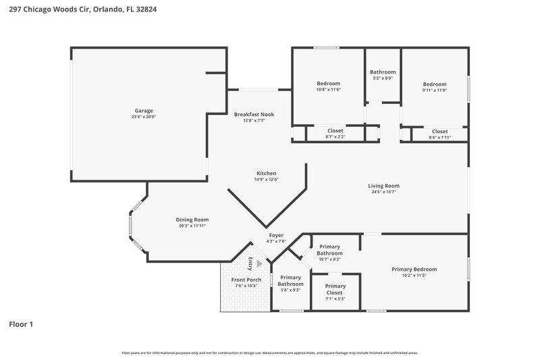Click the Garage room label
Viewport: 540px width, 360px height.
[143, 111]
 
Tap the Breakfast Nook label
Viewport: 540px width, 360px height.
[254, 115]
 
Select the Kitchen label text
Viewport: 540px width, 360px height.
[266, 173]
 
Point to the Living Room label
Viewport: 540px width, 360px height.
[383, 186]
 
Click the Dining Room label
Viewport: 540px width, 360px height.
[192, 220]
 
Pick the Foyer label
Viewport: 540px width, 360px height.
[277, 235]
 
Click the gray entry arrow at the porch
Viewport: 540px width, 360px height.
[259, 265]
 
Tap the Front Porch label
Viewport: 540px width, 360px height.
[246, 280]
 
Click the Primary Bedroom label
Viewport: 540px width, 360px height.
[414, 269]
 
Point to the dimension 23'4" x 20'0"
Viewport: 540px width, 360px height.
[143, 117]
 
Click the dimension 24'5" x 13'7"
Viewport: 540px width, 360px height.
[383, 192]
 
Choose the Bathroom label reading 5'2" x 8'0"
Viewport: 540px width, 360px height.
[383, 72]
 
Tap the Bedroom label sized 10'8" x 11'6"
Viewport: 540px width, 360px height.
[329, 84]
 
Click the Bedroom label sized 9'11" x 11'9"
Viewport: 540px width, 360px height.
[435, 84]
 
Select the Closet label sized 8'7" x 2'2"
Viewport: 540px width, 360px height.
[335, 131]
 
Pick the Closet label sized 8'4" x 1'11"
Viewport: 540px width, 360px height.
[439, 132]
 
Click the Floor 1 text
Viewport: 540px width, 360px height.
[21, 324]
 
